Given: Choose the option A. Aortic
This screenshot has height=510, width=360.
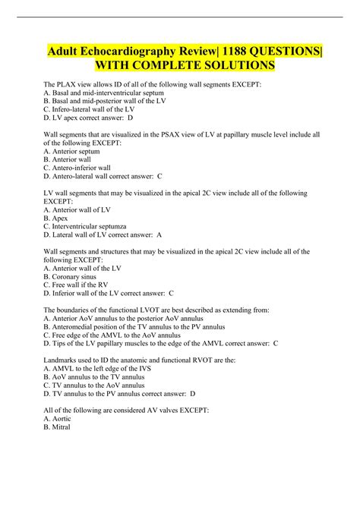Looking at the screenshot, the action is click(x=58, y=418).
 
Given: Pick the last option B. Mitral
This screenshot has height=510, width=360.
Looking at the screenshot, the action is click(x=57, y=427).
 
